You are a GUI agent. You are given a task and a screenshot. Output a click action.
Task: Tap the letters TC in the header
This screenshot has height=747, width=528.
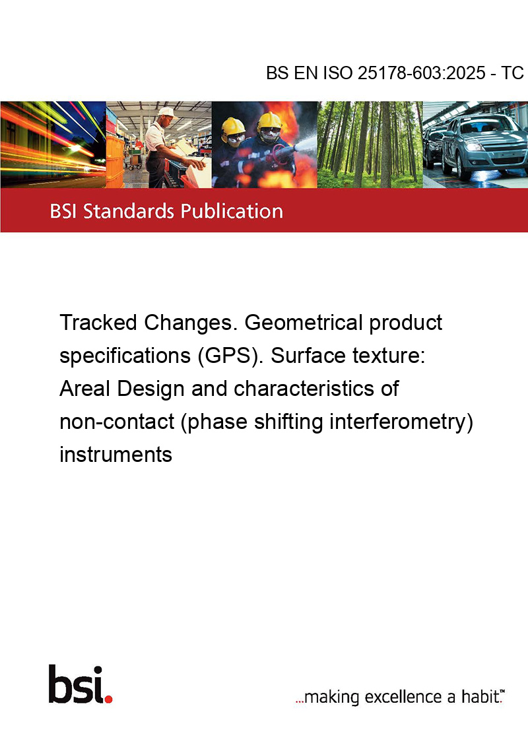[513, 74]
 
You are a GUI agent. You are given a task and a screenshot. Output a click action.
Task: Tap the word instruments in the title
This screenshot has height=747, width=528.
[115, 455]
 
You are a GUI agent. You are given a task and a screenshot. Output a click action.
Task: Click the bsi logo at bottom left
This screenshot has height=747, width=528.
[79, 684]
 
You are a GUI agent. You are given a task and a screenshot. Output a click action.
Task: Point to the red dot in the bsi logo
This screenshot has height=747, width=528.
[108, 698]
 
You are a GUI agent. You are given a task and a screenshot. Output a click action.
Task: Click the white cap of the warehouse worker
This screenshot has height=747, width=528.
[167, 112]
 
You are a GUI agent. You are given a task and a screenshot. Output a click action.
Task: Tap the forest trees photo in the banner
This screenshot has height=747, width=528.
[370, 145]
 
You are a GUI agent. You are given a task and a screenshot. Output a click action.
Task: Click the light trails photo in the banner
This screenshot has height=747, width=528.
[53, 145]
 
